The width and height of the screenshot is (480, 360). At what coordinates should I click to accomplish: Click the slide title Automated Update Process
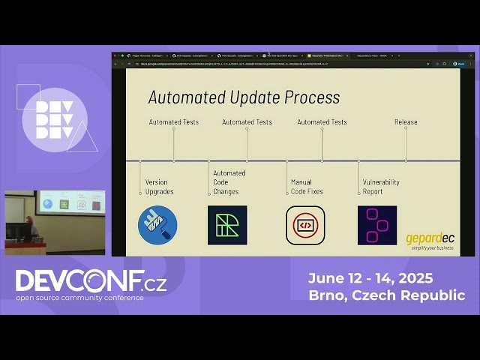244,97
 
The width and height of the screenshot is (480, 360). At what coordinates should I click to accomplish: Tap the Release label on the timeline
406,121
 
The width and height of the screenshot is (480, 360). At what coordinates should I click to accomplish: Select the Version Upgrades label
159,187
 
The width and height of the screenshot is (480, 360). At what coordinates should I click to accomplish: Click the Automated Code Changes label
229,182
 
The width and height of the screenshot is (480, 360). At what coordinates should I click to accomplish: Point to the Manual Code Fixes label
306,187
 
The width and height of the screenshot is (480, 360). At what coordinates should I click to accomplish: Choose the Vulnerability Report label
381,187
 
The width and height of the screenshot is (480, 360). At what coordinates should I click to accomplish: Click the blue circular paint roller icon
157,225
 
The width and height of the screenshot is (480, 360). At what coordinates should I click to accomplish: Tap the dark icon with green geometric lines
227,225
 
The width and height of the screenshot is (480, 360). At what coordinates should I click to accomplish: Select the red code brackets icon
305,225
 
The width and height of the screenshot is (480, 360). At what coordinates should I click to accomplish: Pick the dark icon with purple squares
377,225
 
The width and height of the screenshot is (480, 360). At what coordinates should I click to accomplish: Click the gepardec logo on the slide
430,241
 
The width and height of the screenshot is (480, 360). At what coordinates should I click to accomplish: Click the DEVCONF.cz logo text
91,281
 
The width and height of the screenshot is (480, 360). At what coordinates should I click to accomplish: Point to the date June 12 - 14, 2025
370,278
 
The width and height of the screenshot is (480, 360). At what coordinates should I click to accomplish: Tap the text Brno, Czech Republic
386,295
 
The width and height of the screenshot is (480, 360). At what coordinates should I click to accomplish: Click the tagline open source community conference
80,298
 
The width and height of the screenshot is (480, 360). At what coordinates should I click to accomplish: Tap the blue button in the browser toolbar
461,64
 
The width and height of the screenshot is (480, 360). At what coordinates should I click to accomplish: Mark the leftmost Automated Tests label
173,121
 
